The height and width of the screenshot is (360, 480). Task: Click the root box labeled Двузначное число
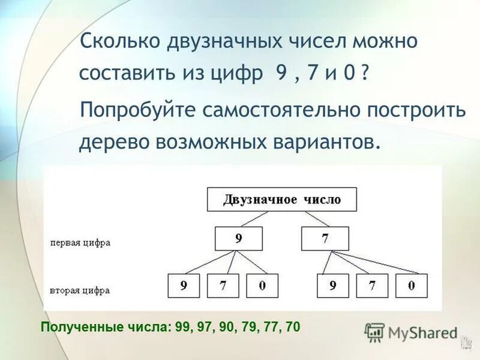point(281,200)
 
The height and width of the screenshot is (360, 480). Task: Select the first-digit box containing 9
point(239,238)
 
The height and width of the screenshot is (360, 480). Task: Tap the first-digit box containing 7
point(325,238)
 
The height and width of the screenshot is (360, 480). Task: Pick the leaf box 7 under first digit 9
point(223,286)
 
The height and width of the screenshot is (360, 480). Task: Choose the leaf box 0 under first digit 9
point(262,286)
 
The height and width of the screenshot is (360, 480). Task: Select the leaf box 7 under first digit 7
point(372,286)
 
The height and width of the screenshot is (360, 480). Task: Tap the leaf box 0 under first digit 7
point(411,286)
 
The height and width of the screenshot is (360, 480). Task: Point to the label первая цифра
point(80,243)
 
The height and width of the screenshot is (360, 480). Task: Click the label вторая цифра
point(80,290)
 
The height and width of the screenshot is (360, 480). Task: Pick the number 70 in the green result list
point(293,327)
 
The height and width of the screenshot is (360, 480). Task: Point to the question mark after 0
point(365,74)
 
